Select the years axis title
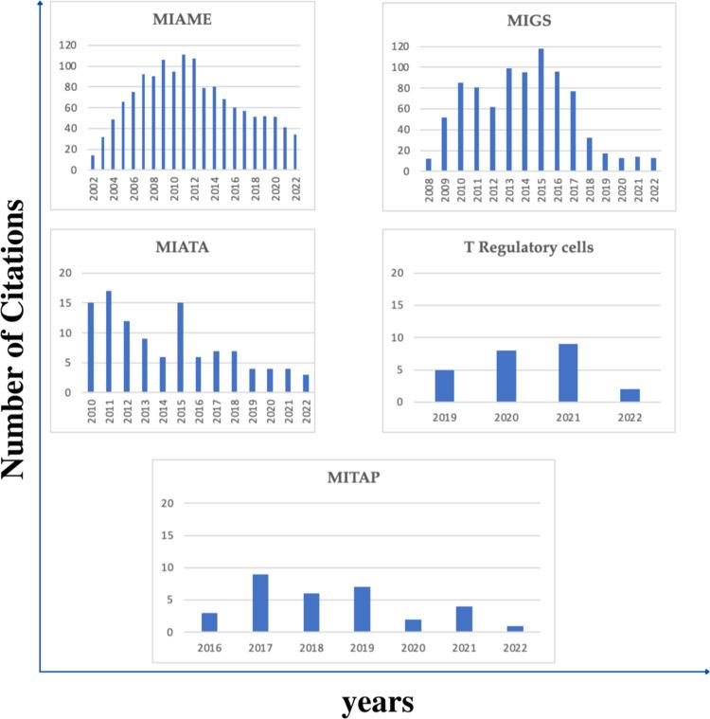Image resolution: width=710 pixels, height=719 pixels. coord(378,701)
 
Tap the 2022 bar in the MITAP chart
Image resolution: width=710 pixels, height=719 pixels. coord(514,629)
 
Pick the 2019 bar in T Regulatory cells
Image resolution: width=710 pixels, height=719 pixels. coord(444,386)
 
